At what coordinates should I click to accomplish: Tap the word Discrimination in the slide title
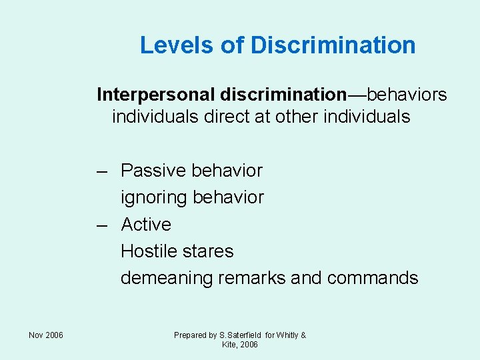coord(333,45)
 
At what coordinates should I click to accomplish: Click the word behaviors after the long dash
coord(407,95)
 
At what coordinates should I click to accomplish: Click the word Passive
coord(153,171)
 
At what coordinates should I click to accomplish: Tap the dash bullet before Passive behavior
coord(101,171)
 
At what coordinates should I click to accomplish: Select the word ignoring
coord(153,198)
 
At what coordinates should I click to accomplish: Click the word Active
coord(146,225)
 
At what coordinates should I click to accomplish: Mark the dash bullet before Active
coord(101,225)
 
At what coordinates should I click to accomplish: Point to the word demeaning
coord(167,278)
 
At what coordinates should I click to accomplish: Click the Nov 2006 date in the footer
coord(46,335)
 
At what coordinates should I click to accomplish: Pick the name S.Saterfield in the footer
coord(240,335)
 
